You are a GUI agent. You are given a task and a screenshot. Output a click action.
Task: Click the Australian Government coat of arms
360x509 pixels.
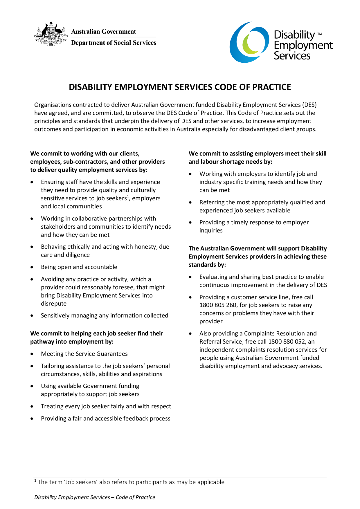coord(51,34)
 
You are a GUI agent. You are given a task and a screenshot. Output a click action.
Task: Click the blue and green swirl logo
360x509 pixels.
coord(249,42)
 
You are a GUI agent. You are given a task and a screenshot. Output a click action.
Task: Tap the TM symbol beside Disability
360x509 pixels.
coord(319,34)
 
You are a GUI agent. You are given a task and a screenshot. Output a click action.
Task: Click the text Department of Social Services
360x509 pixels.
coord(114,43)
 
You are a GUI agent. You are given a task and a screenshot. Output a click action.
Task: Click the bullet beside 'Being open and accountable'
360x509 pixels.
coord(32,267)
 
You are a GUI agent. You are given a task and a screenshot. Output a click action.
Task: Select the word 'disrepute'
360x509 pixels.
coord(54,304)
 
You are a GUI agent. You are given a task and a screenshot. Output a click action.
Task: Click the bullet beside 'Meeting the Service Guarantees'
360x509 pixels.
coord(32,354)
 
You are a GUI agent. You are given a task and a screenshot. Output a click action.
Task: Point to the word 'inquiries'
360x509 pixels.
coord(211,230)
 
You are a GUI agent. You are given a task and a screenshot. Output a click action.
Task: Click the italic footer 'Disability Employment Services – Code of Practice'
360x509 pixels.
coord(95,497)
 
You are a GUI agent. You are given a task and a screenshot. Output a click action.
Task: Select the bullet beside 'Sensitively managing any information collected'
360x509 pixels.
coord(32,315)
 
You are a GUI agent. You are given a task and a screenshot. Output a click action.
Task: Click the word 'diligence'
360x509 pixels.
coord(78,255)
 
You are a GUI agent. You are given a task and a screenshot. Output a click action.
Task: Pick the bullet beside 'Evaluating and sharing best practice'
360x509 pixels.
coord(190,277)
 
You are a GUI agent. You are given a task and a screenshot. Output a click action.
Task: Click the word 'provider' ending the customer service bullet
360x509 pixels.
coord(211,321)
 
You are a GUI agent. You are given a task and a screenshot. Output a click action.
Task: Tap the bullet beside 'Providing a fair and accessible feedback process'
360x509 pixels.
coord(32,418)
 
